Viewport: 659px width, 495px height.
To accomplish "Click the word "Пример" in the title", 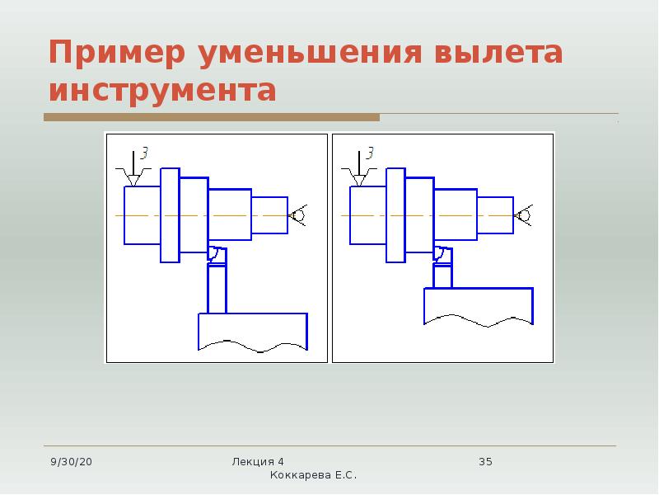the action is [x=117, y=53].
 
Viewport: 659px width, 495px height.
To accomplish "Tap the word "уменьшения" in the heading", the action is [x=310, y=53].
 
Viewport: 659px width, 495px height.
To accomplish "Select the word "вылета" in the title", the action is [x=498, y=53].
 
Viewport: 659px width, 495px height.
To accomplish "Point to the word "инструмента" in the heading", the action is [x=162, y=90].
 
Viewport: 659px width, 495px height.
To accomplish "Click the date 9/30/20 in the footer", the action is [x=71, y=462].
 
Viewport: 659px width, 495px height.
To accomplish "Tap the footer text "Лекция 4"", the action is [x=258, y=462].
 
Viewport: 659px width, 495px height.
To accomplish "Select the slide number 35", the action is [x=485, y=462].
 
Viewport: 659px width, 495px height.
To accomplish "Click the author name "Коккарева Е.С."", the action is [x=313, y=475].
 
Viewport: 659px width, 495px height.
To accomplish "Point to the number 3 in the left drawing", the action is [x=144, y=153].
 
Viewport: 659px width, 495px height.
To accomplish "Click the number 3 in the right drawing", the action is [x=370, y=153].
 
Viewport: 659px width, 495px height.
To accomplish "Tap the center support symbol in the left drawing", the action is [x=298, y=215].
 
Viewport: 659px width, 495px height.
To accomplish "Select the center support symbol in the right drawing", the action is [x=524, y=215].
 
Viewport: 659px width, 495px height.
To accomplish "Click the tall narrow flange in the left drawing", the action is [x=171, y=215].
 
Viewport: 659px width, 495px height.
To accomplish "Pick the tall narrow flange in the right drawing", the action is [x=396, y=215].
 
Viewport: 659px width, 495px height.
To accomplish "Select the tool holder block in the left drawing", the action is [x=253, y=332].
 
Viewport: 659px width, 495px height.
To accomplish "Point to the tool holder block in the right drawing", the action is [x=479, y=307].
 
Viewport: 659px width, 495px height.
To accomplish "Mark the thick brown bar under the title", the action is [x=212, y=117].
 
